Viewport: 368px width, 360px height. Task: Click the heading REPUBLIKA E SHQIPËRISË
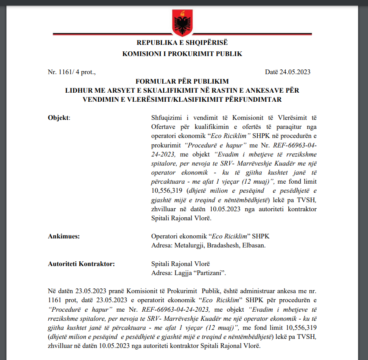[182, 43]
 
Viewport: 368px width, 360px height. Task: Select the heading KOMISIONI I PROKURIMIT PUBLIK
[182, 54]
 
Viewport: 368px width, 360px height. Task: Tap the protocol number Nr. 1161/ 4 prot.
[72, 72]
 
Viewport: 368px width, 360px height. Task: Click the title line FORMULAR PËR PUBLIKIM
[182, 81]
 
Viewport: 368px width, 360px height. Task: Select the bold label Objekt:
[58, 117]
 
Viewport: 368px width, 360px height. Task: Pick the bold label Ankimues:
[64, 237]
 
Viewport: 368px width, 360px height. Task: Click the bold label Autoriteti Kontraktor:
[81, 264]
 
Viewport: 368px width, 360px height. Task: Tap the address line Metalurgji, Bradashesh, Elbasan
[208, 245]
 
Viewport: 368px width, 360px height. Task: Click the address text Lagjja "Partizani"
[189, 273]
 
